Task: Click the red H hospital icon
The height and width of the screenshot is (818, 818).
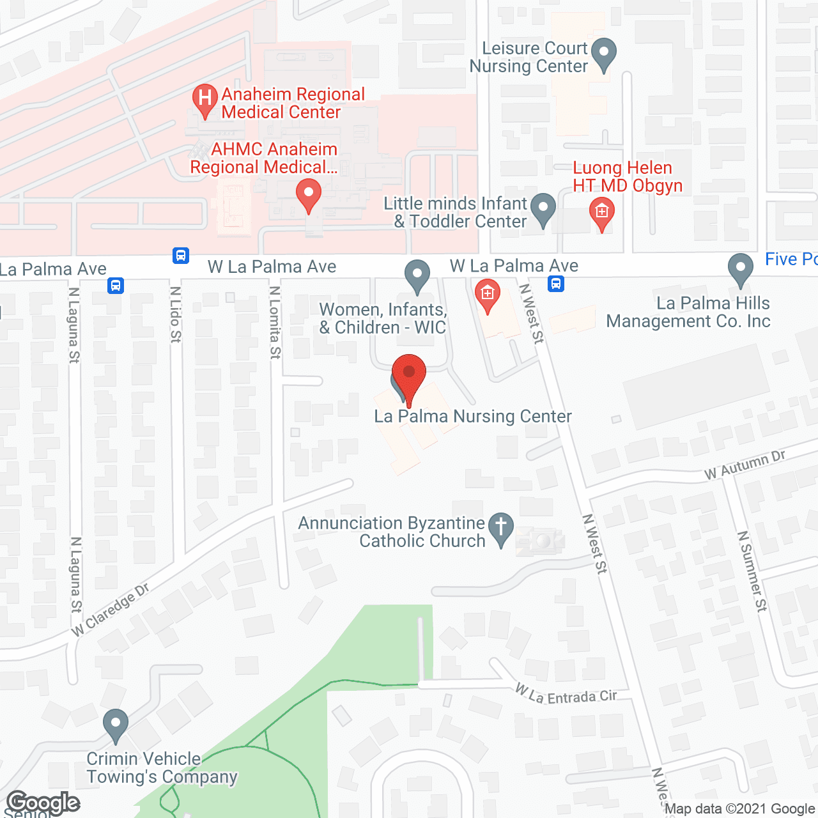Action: [204, 100]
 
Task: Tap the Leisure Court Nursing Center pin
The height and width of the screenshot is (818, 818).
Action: [604, 54]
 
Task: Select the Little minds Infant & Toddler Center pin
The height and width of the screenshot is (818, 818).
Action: [543, 208]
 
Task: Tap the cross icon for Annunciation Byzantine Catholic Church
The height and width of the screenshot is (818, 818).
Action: [501, 529]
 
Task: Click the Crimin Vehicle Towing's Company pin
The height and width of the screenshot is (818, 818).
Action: [116, 725]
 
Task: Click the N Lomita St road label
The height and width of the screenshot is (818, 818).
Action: [275, 322]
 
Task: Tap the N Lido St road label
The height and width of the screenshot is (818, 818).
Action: [175, 314]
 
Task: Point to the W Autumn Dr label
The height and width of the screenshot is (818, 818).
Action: [745, 465]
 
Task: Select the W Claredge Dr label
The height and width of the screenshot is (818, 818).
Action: [110, 610]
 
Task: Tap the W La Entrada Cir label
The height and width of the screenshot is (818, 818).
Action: [566, 695]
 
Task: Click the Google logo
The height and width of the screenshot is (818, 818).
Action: [43, 803]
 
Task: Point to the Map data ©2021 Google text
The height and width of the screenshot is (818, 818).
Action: [740, 809]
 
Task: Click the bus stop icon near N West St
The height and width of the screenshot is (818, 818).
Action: [556, 283]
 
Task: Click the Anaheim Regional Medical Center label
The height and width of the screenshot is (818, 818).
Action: [293, 103]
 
